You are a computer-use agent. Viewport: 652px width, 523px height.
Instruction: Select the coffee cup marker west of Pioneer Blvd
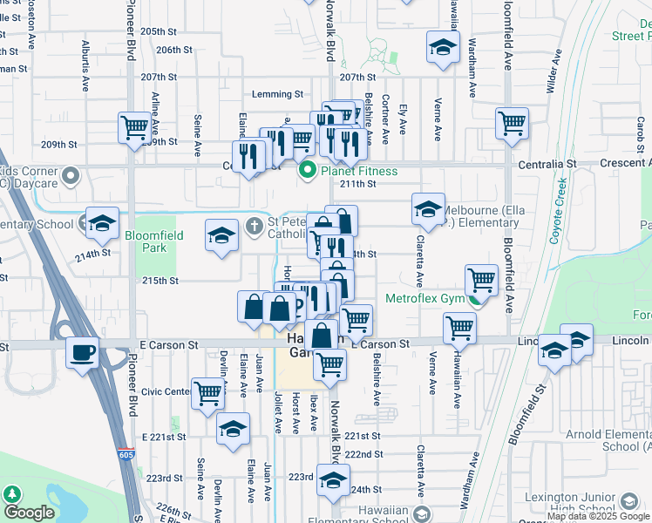coord(83,353)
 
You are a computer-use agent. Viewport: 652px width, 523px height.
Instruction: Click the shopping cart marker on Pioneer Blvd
coord(135,128)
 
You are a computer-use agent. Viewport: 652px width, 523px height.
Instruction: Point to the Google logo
coord(29,513)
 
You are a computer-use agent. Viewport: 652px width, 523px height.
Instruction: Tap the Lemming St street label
coord(276,94)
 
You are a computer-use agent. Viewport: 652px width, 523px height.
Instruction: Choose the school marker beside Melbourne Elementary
coord(428,209)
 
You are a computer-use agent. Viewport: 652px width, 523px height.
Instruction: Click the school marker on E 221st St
coord(234,429)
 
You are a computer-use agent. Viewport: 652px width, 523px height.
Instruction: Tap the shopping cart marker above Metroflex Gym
coord(481,280)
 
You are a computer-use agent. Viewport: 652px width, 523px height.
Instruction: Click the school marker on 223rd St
coord(333,479)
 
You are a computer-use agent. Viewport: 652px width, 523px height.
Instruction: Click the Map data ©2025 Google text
coord(598,516)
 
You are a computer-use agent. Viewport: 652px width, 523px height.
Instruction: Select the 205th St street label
coord(159,31)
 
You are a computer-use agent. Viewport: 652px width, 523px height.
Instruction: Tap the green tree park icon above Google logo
coord(11,492)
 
